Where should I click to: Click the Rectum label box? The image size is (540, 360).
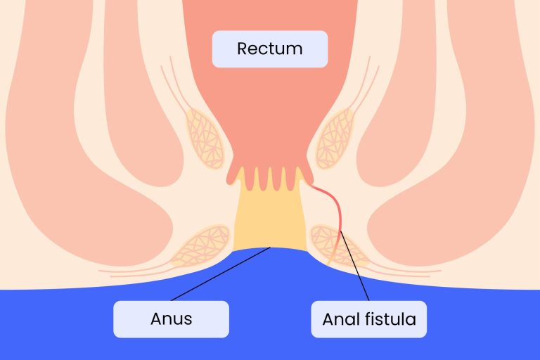coord(270,49)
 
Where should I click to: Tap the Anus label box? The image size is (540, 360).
coord(171,319)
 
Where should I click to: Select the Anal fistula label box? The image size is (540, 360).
coord(369,319)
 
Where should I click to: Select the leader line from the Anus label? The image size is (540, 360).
coord(221,274)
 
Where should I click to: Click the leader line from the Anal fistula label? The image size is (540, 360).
coord(354,266)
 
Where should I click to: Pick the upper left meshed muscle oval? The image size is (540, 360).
coord(205,139)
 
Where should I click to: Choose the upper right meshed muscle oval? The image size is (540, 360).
coord(335,139)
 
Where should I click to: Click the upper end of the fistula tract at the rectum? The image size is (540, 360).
coord(311,185)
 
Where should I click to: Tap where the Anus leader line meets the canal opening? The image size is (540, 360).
coord(271,247)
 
